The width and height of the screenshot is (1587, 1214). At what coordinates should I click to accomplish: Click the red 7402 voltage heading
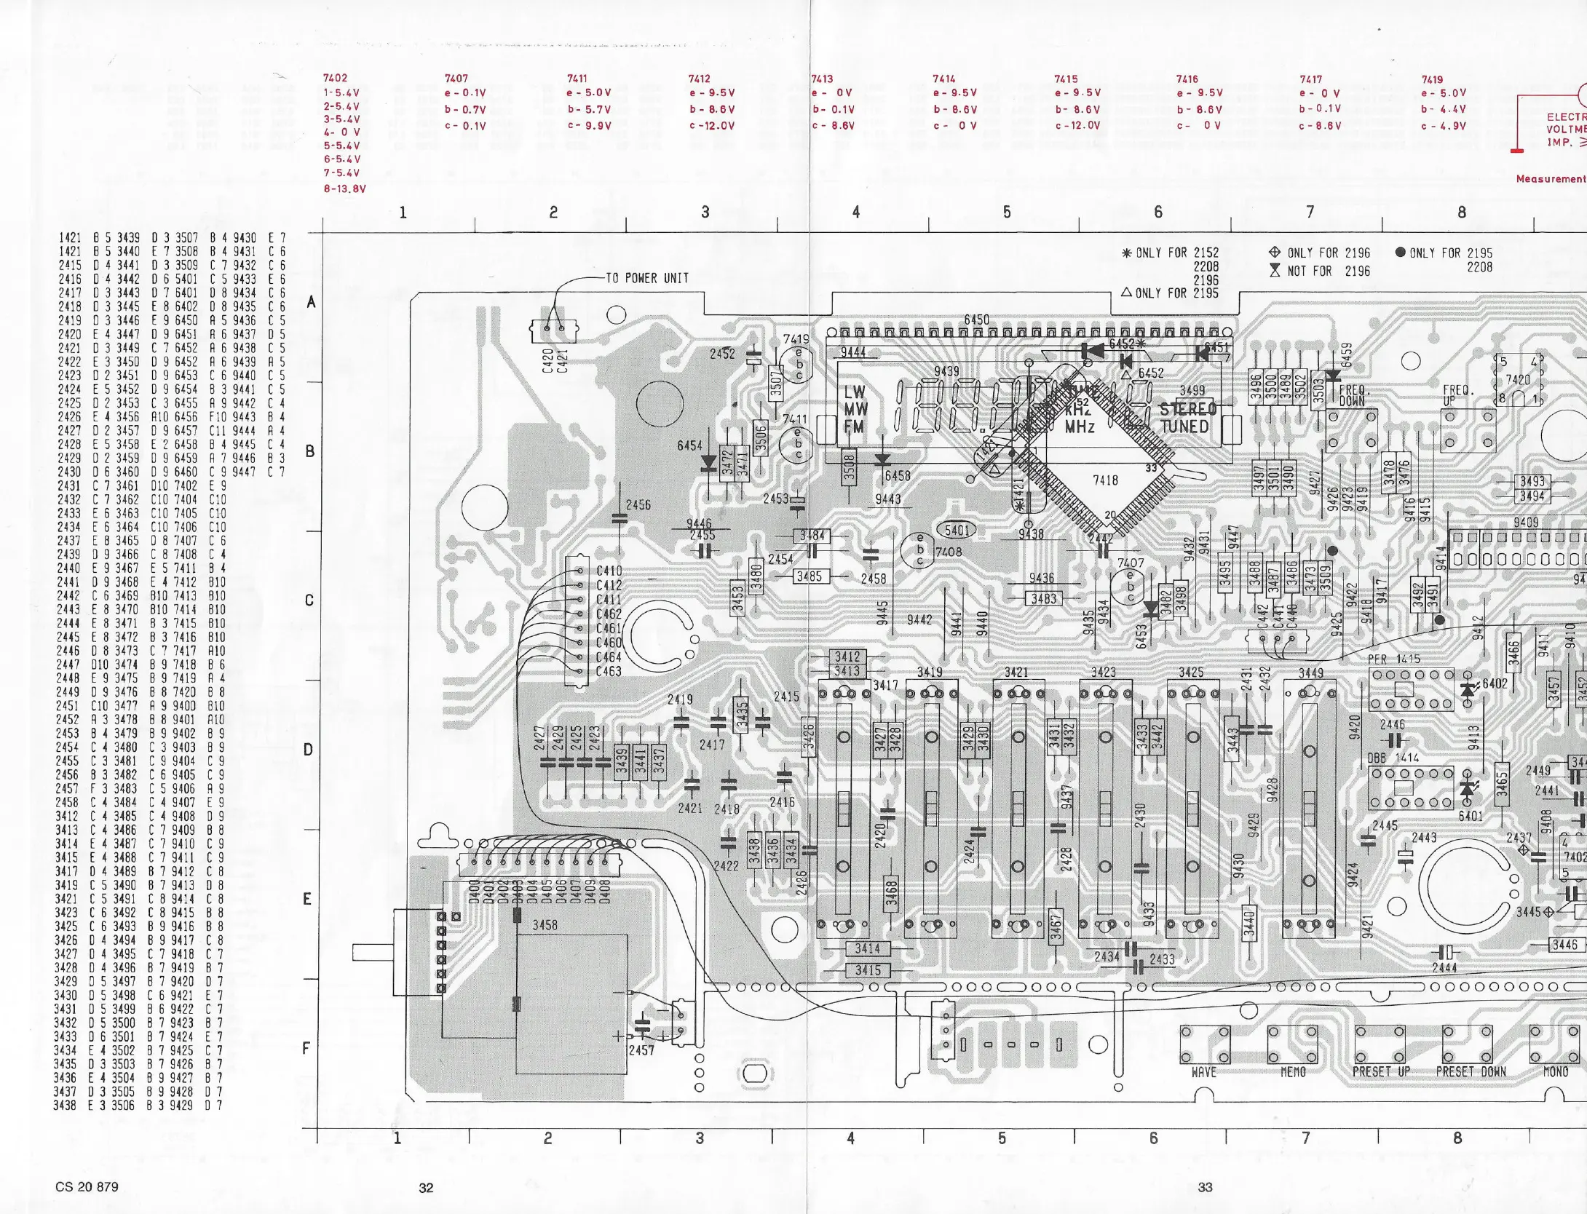[x=335, y=78]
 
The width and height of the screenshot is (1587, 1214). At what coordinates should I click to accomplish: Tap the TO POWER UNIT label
[x=646, y=278]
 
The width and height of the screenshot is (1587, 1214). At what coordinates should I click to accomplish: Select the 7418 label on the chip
[x=1105, y=480]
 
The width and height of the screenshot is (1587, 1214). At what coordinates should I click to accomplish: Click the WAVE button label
[x=1204, y=1072]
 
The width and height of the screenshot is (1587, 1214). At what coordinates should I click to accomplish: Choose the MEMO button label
[x=1293, y=1072]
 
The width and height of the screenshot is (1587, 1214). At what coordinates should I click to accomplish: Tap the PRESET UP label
[x=1381, y=1072]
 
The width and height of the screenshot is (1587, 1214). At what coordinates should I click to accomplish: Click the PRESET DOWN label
[x=1471, y=1072]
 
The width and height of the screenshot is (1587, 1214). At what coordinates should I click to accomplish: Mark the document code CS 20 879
[x=87, y=1187]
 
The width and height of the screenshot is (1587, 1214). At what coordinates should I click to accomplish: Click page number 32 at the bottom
[x=426, y=1188]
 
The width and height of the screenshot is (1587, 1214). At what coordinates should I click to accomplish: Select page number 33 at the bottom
[x=1206, y=1187]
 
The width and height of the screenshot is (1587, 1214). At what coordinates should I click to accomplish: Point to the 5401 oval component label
[x=957, y=531]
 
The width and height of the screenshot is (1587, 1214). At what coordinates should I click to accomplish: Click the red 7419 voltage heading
[x=1432, y=79]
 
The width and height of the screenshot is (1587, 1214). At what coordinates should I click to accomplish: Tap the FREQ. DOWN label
[x=1352, y=396]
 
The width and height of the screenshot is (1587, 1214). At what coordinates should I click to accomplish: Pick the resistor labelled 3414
[x=867, y=949]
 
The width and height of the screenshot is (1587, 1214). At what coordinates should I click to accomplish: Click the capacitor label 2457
[x=641, y=1050]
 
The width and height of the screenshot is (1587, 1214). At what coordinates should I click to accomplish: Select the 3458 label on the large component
[x=545, y=925]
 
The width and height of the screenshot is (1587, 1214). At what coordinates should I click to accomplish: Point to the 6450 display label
[x=976, y=320]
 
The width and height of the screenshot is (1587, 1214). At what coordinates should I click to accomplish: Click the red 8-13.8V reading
[x=344, y=189]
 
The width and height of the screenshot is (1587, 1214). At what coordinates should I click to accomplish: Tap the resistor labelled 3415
[x=867, y=970]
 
